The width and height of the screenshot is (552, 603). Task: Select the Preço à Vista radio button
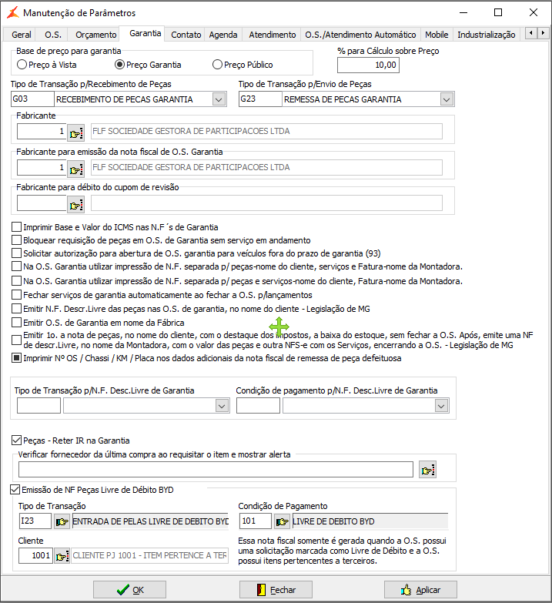(x=22, y=65)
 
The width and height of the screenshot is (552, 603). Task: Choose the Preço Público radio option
(x=218, y=65)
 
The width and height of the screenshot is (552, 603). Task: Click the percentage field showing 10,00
(x=368, y=65)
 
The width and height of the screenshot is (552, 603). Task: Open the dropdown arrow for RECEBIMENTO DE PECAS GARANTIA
(x=219, y=99)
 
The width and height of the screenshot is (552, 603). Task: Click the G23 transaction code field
(x=259, y=99)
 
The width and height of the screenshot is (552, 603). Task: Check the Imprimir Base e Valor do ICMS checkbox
(x=17, y=227)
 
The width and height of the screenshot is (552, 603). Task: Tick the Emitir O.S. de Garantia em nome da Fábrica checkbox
(x=17, y=322)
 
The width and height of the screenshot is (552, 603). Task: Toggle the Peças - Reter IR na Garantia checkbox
(x=17, y=441)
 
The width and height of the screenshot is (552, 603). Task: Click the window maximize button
(x=498, y=12)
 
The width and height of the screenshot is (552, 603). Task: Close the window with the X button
(x=534, y=12)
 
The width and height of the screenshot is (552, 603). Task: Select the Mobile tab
(x=437, y=35)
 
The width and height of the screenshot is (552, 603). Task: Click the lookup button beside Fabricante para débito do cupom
(x=76, y=203)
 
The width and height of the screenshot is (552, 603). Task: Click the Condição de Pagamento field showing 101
(x=255, y=521)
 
